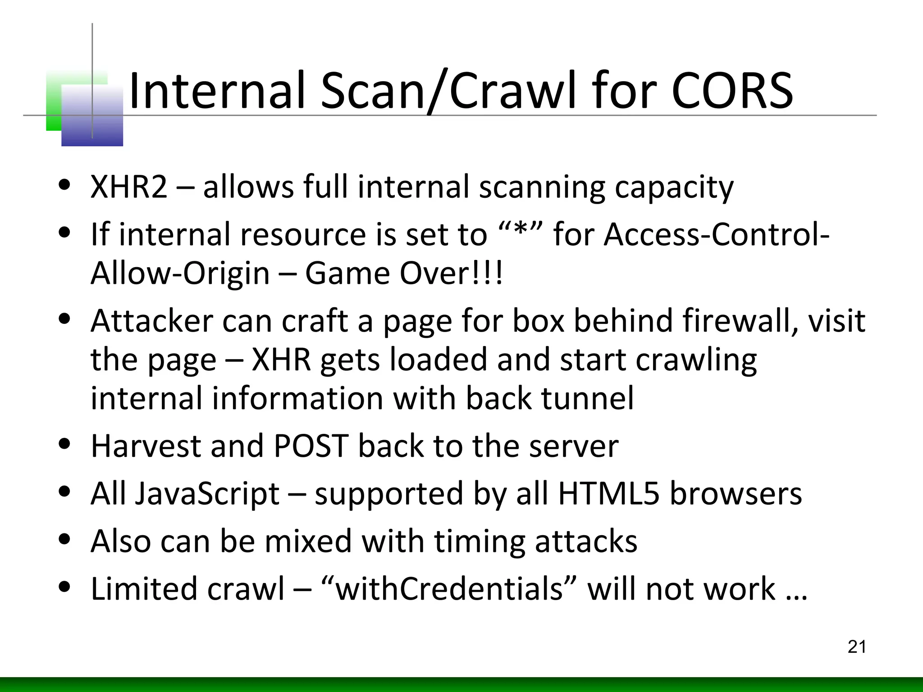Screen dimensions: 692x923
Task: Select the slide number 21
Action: coord(857,647)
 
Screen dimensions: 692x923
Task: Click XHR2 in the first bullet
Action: coord(129,187)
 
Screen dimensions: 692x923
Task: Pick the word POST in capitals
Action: coord(311,446)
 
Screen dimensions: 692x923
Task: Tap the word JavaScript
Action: coord(207,494)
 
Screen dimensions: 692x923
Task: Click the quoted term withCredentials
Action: coord(450,589)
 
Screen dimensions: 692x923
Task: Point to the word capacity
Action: coord(674,187)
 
